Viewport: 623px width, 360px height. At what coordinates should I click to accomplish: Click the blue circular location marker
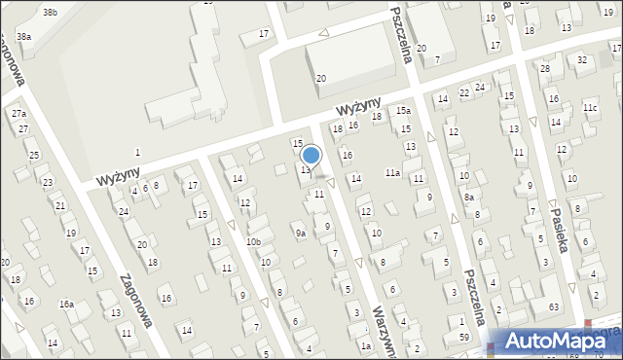[311, 155]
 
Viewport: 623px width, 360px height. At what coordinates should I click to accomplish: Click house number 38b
[50, 12]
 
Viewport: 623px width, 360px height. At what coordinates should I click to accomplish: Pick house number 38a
[24, 37]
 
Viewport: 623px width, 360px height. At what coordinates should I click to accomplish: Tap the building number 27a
[18, 114]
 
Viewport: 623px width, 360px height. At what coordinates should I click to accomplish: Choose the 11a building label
[392, 172]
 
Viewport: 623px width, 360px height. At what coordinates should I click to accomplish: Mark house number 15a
[403, 111]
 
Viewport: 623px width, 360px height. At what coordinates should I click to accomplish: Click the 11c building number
[590, 107]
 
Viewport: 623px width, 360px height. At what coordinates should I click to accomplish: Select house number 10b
[253, 241]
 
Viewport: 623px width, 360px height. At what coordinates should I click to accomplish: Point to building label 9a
[301, 234]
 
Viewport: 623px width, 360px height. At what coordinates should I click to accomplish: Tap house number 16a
[66, 305]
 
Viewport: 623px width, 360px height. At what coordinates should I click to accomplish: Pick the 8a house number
[469, 198]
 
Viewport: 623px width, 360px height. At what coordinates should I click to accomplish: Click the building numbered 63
[553, 307]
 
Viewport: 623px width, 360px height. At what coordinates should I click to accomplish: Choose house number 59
[464, 337]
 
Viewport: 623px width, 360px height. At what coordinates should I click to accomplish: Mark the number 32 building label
[582, 60]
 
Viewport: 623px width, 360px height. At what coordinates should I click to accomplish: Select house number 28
[545, 69]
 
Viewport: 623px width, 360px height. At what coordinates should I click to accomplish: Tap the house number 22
[465, 92]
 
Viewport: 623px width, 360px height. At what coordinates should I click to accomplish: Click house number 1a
[366, 345]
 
